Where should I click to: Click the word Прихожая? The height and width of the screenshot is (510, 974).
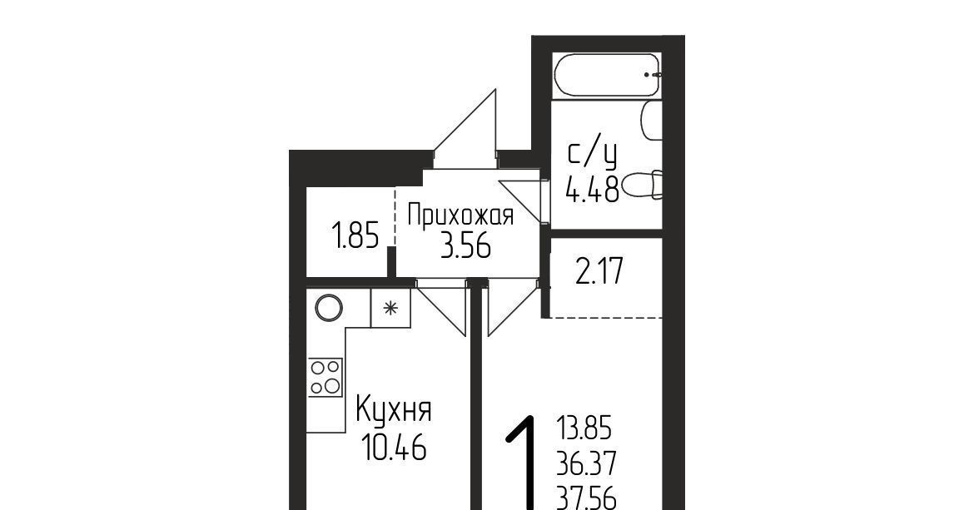[460, 216]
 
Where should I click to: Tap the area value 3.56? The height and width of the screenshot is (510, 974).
[466, 246]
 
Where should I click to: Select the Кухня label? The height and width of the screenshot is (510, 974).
[394, 411]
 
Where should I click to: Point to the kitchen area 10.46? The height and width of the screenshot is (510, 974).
[394, 447]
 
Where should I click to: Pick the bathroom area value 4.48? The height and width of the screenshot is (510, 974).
[592, 189]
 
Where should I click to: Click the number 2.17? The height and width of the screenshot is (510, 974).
[599, 272]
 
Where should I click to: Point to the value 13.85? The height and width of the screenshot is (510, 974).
[584, 428]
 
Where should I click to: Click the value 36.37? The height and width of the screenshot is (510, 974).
[586, 463]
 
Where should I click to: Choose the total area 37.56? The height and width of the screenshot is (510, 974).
[586, 498]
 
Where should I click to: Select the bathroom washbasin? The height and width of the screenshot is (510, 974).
[651, 121]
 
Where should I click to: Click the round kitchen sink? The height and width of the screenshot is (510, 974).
[328, 308]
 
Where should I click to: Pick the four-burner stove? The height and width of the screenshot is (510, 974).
[325, 377]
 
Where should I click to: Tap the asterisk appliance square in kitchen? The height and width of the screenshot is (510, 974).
[390, 308]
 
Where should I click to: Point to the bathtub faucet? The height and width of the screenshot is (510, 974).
[652, 74]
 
